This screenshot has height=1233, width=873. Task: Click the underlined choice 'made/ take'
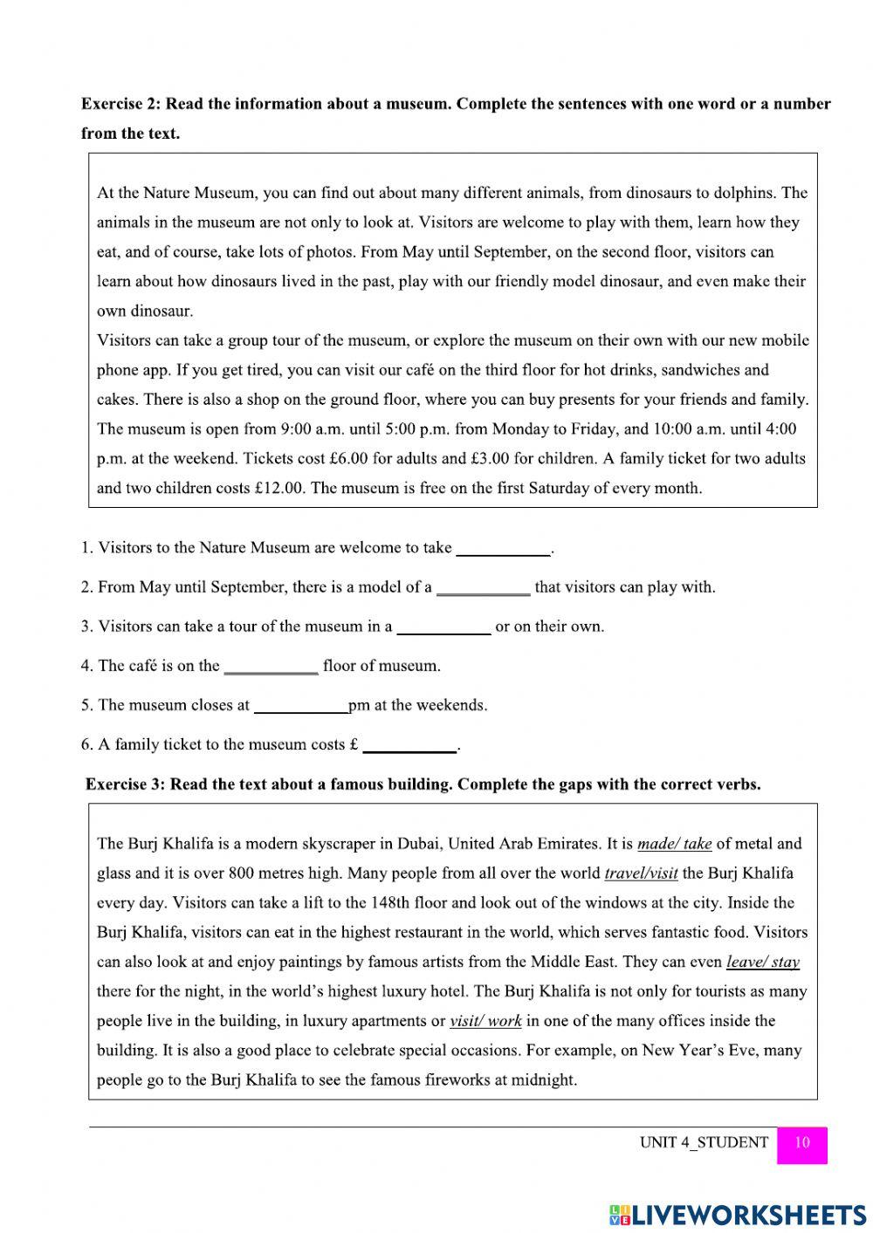coord(674,844)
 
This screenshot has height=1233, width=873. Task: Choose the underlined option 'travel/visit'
coord(641,873)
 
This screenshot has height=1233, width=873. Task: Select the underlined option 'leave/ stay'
coord(762,962)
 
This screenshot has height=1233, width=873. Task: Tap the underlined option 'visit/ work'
coord(485,1021)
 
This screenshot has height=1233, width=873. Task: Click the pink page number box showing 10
coord(801,1142)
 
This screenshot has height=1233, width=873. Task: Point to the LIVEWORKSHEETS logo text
coord(747,1214)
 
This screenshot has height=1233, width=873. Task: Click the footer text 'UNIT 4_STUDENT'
coord(704,1142)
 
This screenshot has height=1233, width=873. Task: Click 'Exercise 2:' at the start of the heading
coord(121,104)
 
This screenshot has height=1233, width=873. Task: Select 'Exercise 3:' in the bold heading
coord(126,784)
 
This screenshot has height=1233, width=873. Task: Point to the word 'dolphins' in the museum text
coord(744,193)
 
